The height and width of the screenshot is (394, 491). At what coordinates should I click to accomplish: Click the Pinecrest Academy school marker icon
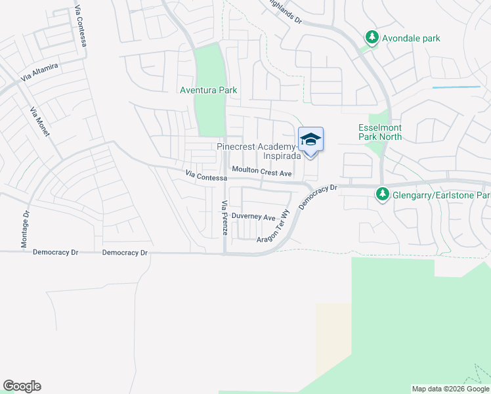pos(310,140)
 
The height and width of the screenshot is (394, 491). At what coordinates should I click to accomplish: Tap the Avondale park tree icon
pos(372,38)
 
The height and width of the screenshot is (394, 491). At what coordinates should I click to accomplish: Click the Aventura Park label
pos(209,90)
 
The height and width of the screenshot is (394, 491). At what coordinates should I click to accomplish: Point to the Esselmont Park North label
pos(380,132)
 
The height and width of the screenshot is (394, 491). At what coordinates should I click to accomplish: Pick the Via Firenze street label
pos(224,218)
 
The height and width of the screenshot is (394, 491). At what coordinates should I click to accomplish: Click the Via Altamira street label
pos(40,72)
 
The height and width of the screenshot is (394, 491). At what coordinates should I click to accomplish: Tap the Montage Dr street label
pos(25,229)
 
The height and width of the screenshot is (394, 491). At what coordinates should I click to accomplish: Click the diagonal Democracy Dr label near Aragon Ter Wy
pos(318,197)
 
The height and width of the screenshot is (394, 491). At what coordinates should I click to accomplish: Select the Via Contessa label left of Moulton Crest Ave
pos(206,176)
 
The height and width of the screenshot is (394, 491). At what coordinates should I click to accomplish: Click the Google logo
pos(22,386)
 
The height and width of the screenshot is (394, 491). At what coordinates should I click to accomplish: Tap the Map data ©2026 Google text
pos(450,389)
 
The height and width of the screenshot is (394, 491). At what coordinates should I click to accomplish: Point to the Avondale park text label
pos(413,38)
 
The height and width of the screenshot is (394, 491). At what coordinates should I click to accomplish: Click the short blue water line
pos(456,87)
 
